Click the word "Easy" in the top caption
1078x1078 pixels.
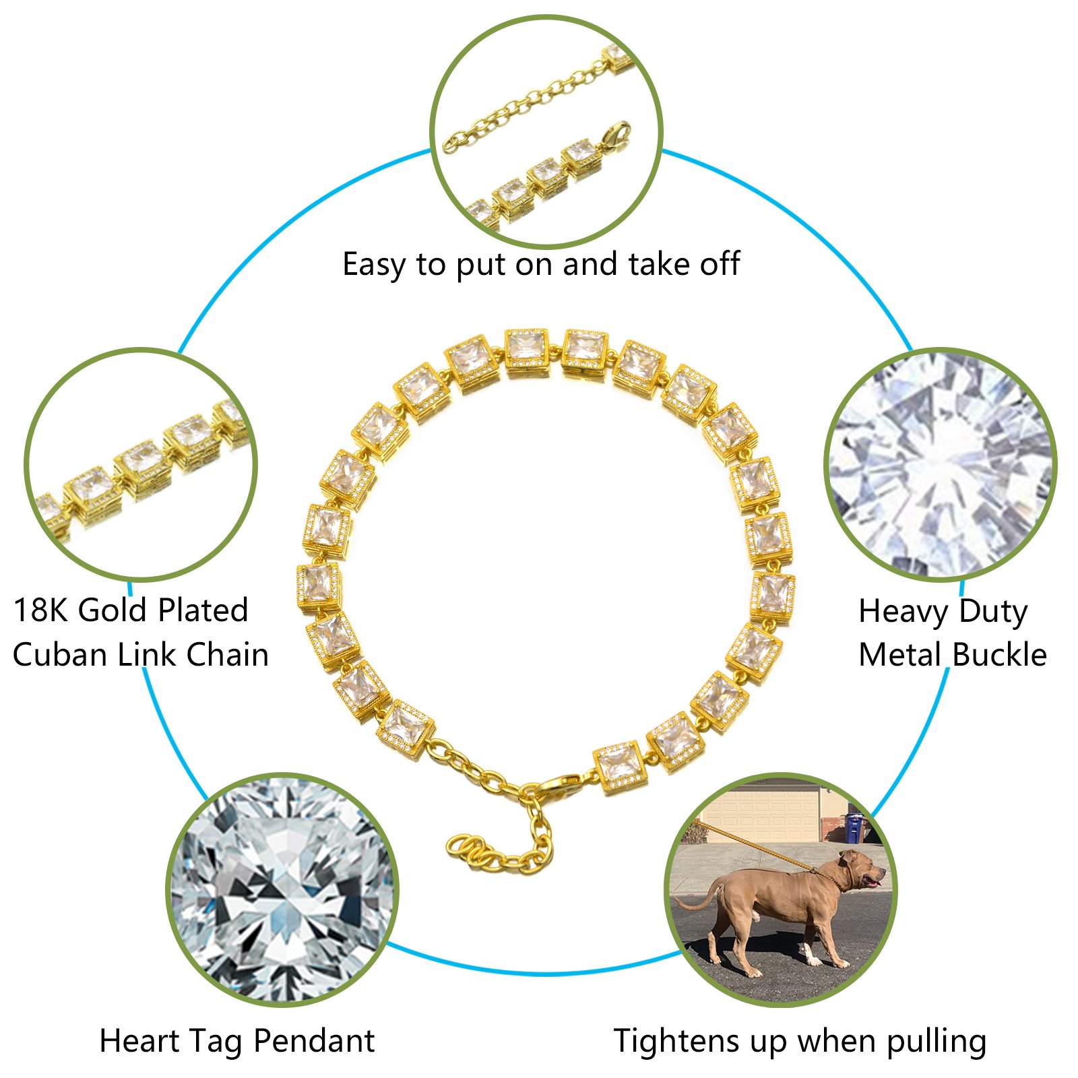pyautogui.click(x=373, y=265)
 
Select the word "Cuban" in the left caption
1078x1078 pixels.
pyautogui.click(x=59, y=655)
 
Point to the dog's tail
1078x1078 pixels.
pyautogui.click(x=694, y=899)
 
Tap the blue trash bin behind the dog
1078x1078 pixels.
pyautogui.click(x=854, y=827)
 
